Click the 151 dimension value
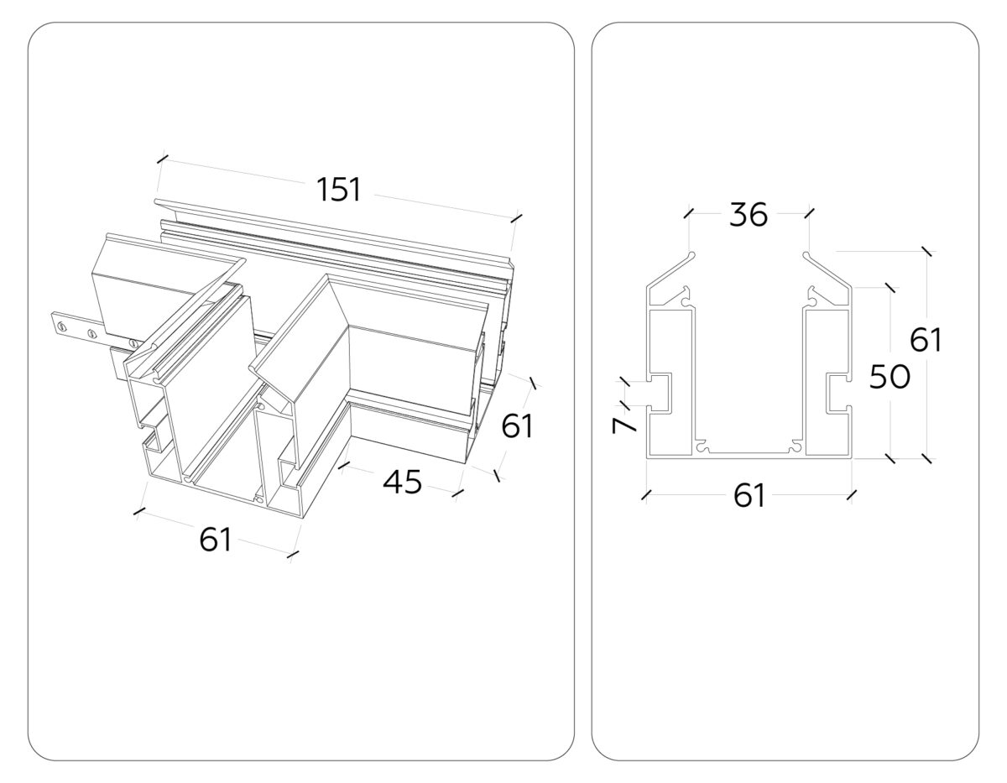point(339,190)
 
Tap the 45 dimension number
point(402,483)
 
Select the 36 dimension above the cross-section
point(749,215)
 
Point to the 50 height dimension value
point(889,378)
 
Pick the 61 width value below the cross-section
point(749,496)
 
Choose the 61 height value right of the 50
point(926,341)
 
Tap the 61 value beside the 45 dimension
point(517,427)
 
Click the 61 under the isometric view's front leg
point(216,540)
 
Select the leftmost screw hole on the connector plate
point(60,321)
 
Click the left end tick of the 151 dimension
point(162,158)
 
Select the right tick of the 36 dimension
point(808,214)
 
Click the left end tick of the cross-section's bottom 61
point(646,495)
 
